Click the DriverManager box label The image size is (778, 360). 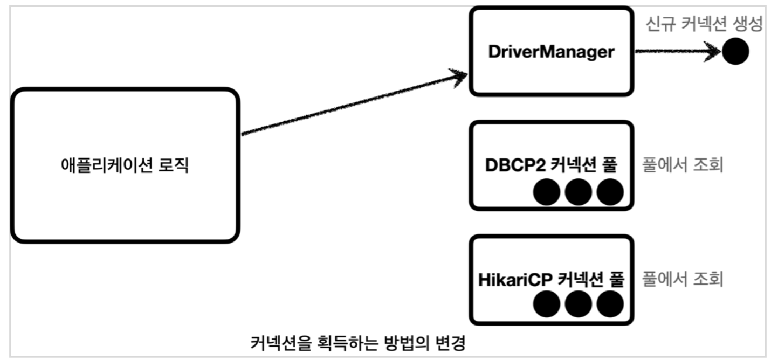click(551, 52)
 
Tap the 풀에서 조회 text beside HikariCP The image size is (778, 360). click(683, 280)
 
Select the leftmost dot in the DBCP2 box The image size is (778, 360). click(547, 192)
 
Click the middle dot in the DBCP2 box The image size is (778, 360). click(579, 192)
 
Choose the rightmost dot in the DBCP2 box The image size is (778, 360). click(610, 192)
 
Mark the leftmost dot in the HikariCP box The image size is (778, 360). click(547, 306)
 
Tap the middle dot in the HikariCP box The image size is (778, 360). click(579, 306)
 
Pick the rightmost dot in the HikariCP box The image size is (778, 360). click(610, 306)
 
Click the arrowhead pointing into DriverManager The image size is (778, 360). click(459, 76)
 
